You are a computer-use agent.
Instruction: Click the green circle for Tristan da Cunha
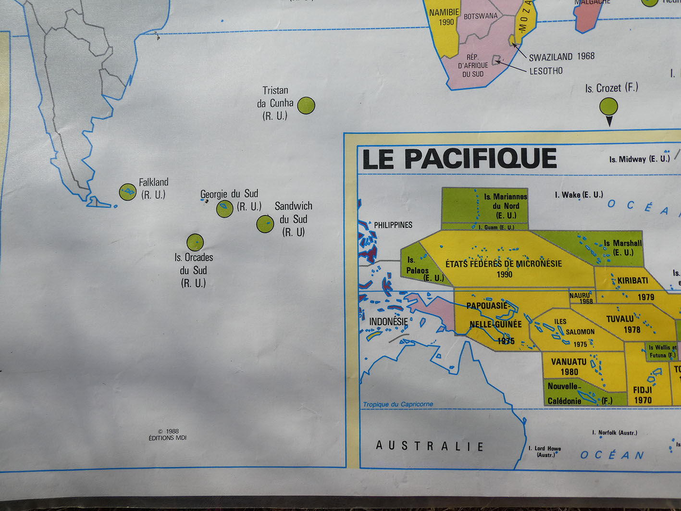click(306, 105)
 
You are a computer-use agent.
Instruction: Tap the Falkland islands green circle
click(127, 192)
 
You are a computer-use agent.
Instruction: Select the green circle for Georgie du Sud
click(224, 209)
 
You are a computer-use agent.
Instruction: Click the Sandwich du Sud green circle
click(265, 224)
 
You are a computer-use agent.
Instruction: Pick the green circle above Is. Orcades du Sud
click(195, 242)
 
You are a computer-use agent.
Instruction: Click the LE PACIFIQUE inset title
click(459, 159)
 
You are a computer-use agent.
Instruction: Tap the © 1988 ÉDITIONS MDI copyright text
click(168, 435)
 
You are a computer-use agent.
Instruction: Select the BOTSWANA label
click(481, 16)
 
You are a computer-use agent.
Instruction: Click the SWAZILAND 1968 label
click(561, 57)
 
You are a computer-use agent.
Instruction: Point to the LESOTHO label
click(546, 71)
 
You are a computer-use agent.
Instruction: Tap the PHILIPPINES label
click(393, 225)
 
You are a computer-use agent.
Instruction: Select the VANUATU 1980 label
click(569, 366)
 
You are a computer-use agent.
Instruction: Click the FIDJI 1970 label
click(643, 395)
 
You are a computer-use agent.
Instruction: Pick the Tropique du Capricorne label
click(398, 404)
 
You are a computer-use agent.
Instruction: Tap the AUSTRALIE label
click(430, 446)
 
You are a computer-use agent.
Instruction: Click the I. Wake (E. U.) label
click(579, 195)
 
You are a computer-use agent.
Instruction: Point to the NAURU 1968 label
click(581, 298)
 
